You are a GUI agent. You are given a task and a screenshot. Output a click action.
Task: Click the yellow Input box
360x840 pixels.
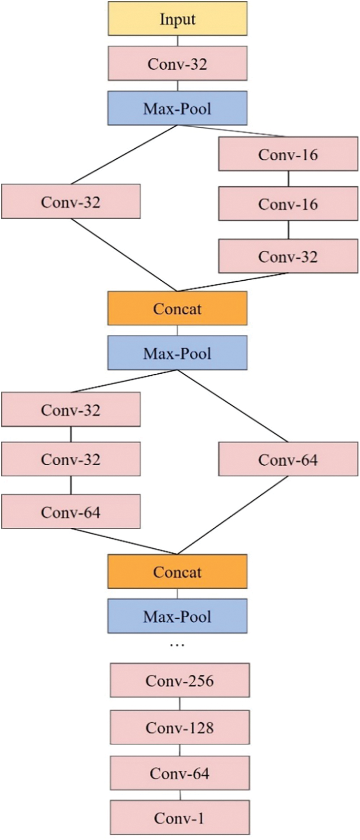[x=178, y=19]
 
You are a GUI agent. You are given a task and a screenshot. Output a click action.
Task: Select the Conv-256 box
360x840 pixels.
[x=180, y=680]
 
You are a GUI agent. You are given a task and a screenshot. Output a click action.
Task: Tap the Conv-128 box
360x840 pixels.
[x=180, y=728]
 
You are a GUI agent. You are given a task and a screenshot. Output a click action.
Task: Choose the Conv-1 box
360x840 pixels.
[x=180, y=817]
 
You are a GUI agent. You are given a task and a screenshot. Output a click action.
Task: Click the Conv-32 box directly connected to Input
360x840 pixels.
[x=178, y=64]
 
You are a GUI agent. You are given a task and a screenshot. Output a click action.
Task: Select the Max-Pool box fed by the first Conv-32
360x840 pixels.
[x=178, y=108]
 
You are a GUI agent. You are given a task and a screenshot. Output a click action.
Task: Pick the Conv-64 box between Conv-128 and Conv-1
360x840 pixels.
[x=180, y=773]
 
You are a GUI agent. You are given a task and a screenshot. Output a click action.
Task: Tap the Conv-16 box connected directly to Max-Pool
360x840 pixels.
[x=288, y=154]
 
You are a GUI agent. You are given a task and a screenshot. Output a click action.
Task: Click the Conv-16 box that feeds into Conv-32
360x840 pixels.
[x=288, y=204]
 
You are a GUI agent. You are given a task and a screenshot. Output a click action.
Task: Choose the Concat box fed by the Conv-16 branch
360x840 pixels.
[x=178, y=308]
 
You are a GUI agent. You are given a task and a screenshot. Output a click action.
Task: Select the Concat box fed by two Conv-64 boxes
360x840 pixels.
[x=178, y=571]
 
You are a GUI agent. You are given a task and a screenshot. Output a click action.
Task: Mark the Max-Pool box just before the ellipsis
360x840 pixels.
[x=178, y=616]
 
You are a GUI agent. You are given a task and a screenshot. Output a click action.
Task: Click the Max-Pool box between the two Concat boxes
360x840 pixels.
[x=178, y=353]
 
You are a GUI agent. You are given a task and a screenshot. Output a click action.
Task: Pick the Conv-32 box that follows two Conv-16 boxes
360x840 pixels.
[x=288, y=256]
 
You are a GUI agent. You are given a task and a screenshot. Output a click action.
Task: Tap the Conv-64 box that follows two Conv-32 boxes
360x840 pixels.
[x=71, y=511]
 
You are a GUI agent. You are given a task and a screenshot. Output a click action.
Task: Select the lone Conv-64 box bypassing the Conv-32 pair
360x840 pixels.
[x=288, y=459]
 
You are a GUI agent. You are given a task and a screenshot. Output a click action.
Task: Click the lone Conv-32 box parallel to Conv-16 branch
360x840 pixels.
[x=71, y=201]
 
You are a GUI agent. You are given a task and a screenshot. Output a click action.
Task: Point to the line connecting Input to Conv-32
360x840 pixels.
[x=178, y=41]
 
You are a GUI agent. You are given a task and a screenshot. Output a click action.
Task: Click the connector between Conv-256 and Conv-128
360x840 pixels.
[x=180, y=704]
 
